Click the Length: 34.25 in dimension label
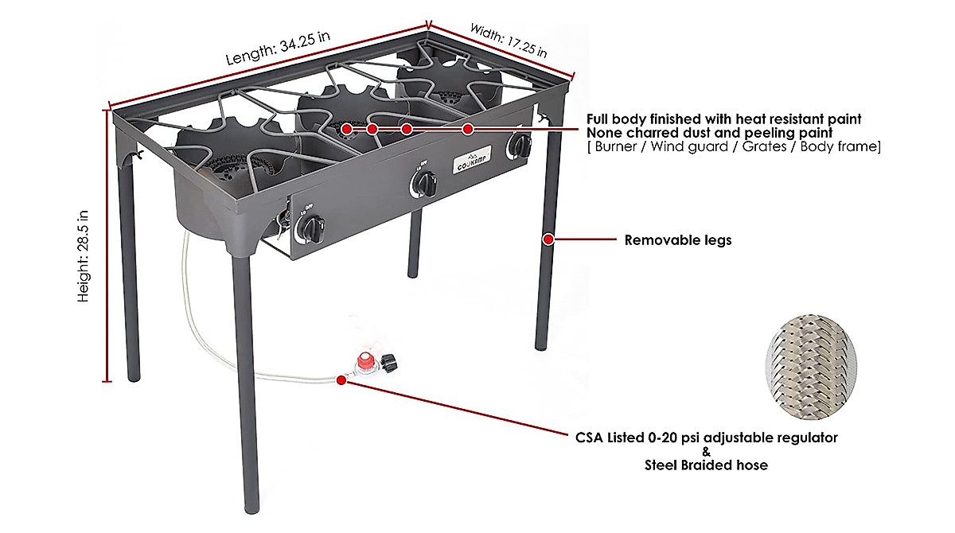click(x=278, y=49)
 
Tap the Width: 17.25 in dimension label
click(x=508, y=41)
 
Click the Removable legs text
click(x=677, y=239)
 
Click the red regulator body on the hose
click(x=364, y=364)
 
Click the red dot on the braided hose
click(x=341, y=381)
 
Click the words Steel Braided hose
click(x=706, y=465)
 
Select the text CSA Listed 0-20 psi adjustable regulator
click(x=706, y=438)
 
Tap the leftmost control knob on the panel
click(x=310, y=231)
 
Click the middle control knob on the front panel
click(x=423, y=185)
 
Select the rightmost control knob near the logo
click(x=520, y=146)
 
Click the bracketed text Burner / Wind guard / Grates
click(x=733, y=146)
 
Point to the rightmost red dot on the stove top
click(x=468, y=129)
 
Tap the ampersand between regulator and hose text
click(x=706, y=452)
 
